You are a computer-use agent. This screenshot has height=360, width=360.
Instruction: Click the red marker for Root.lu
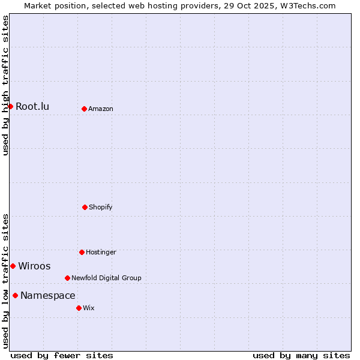click(10, 106)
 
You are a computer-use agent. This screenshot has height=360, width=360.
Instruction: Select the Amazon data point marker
click(84, 109)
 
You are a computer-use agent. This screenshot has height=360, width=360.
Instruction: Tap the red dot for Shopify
click(85, 207)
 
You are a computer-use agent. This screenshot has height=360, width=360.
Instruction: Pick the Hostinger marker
click(82, 252)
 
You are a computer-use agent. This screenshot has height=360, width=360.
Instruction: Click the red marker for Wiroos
click(13, 266)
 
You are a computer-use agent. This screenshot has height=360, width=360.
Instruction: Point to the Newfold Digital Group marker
click(67, 278)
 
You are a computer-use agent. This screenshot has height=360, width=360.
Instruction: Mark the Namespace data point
click(15, 295)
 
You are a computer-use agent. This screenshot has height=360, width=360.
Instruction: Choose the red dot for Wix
click(79, 308)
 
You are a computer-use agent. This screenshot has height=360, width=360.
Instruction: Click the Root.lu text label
click(32, 107)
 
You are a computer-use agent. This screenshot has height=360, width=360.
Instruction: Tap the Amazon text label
click(101, 109)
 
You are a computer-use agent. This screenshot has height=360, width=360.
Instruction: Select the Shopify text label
click(101, 207)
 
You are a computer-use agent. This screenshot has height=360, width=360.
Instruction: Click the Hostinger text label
click(101, 252)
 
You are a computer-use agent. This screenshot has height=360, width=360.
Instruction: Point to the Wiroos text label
click(34, 266)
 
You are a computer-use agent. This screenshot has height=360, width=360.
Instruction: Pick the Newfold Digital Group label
click(106, 278)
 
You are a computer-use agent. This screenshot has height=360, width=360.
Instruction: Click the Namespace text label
click(48, 295)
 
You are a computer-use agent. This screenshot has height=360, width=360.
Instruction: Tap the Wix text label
click(89, 308)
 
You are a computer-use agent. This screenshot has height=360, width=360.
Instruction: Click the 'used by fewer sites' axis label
click(62, 355)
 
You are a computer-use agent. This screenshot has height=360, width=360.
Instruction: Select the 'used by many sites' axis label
click(301, 355)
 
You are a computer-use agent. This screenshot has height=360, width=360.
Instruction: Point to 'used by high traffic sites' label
click(5, 85)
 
